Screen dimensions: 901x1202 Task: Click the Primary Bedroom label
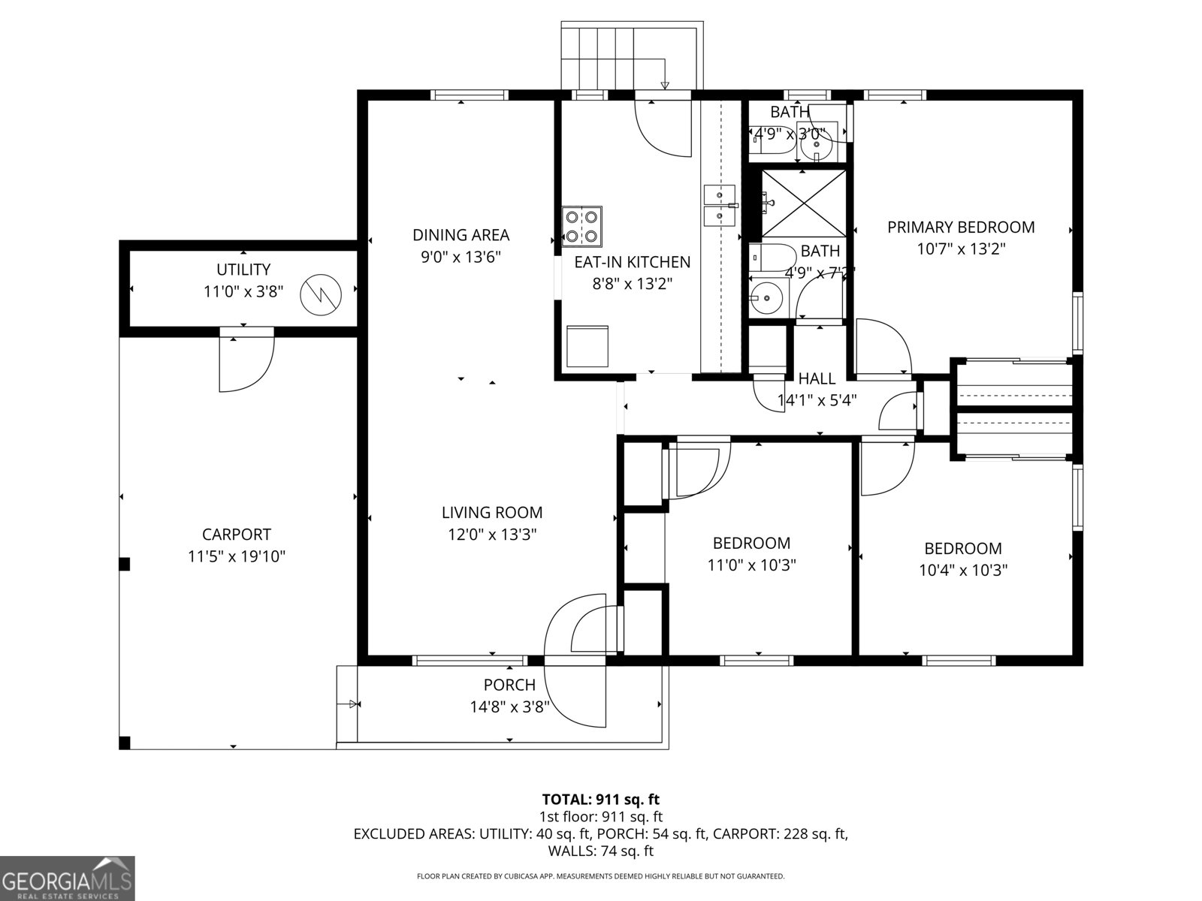961,227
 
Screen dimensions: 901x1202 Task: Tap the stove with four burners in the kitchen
582,226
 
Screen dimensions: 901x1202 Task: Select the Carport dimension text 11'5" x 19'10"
237,556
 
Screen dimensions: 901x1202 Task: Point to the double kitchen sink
720,206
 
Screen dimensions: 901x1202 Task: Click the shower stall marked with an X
802,203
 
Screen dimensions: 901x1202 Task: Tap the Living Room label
491,513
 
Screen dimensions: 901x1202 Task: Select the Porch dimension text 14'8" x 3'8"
509,707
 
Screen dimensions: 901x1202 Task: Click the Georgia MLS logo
67,878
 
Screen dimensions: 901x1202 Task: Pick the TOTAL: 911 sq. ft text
600,799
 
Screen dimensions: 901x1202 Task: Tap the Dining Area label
461,235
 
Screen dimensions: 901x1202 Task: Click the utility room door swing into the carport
246,365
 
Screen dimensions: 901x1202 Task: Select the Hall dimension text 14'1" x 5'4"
817,400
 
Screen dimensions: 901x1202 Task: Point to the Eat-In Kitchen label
632,262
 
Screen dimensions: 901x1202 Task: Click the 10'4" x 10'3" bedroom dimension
962,570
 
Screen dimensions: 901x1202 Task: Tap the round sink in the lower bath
766,299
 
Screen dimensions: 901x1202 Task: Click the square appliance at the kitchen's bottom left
587,346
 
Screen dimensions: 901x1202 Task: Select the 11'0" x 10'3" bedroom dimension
751,565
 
